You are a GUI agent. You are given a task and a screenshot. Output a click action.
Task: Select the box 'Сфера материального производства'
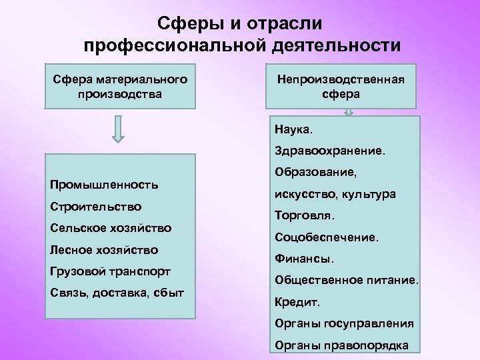coord(120,87)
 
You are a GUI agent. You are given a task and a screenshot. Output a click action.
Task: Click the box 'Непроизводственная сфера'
coord(342,87)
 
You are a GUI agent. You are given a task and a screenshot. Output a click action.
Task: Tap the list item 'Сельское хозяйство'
coord(111,228)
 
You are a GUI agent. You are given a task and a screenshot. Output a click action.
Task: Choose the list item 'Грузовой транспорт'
coord(110,272)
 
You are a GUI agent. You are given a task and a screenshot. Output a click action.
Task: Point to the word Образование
coord(315,172)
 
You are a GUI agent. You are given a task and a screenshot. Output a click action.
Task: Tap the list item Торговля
coord(305,215)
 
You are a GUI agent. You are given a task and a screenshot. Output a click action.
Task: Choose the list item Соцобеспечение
coord(326,237)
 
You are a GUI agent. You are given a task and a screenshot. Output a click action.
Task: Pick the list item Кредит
coord(297,302)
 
